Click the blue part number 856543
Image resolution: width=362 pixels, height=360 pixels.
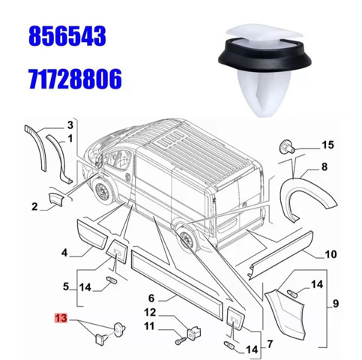point(67,37)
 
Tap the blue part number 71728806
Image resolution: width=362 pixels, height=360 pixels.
point(76,79)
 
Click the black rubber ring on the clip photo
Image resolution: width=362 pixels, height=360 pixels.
point(265,55)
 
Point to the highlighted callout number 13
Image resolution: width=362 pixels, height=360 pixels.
point(61,318)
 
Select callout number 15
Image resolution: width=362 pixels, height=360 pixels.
point(328,145)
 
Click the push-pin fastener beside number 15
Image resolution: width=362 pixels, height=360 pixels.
point(287,147)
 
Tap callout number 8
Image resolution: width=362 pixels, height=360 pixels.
point(325,166)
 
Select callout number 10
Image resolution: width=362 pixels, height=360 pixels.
point(331,254)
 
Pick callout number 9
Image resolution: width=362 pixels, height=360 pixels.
point(336,304)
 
